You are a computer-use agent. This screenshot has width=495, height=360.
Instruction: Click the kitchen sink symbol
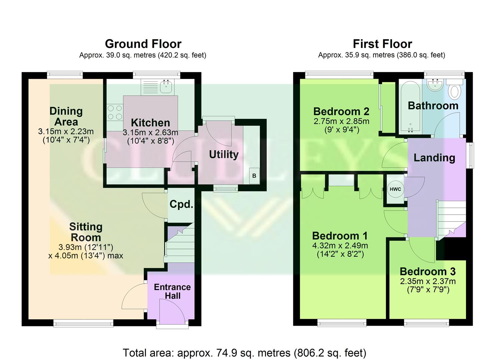[166, 86]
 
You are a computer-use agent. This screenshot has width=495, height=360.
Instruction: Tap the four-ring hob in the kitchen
[115, 112]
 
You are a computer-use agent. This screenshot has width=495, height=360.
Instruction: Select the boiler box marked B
[254, 176]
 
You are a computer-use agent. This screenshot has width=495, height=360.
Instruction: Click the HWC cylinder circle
[395, 189]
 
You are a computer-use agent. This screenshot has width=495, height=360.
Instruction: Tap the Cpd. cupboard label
[181, 204]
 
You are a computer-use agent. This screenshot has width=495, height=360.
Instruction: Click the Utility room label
[224, 154]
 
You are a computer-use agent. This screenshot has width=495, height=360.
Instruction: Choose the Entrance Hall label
[172, 291]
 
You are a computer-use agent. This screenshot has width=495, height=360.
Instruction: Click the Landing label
[434, 158]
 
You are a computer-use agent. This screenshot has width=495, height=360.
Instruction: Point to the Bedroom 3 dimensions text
[428, 285]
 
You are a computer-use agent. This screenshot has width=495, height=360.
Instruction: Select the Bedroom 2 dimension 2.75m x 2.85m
[341, 121]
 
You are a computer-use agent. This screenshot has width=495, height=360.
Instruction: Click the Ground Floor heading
[143, 44]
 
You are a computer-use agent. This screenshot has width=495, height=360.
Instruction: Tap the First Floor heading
[382, 44]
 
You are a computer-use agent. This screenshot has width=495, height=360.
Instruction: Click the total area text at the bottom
[244, 352]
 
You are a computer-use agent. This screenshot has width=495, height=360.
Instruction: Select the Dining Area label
[66, 116]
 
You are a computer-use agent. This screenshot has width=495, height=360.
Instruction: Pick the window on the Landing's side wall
[470, 155]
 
